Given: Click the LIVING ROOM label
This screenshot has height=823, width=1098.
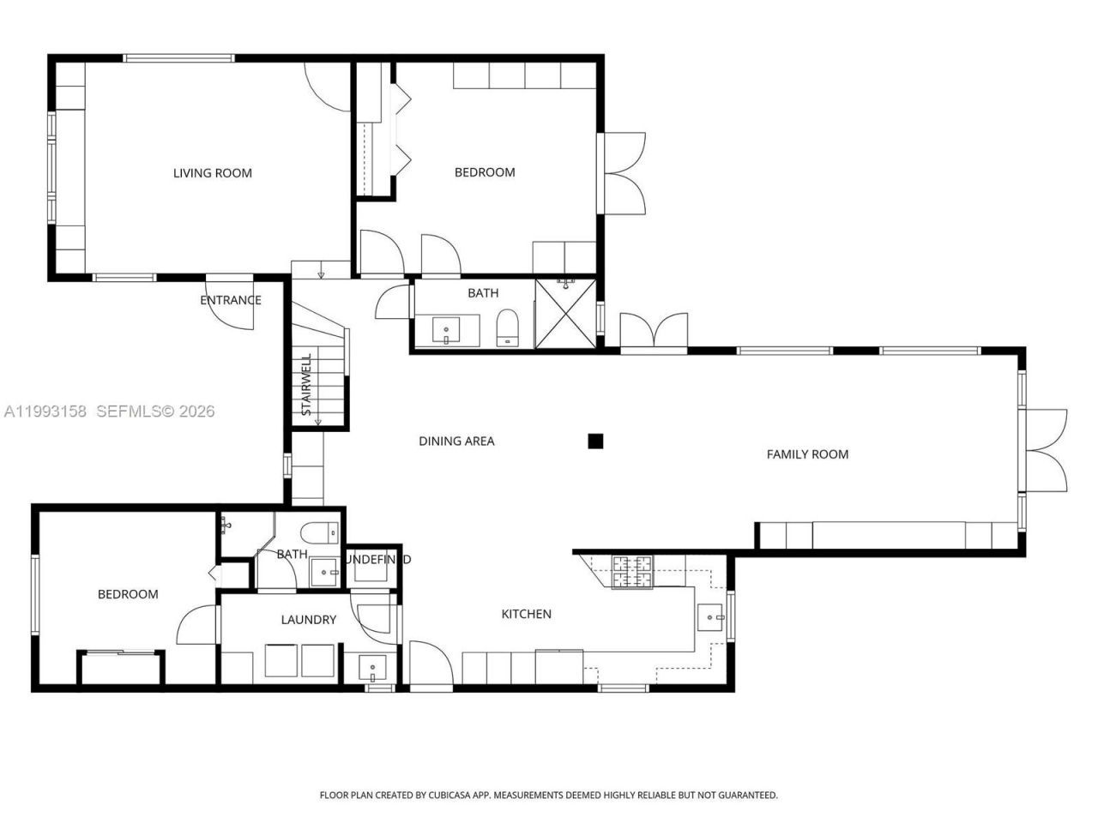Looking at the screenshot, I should [x=213, y=173].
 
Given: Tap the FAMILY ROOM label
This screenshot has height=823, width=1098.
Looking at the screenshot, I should [x=807, y=454].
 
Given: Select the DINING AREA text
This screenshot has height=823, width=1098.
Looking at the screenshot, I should [x=456, y=442].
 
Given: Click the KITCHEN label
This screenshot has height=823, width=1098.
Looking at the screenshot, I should [x=526, y=614].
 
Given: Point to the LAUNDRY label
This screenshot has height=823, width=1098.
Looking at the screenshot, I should [x=309, y=620].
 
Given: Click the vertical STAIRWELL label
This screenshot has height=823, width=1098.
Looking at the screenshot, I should [x=306, y=384].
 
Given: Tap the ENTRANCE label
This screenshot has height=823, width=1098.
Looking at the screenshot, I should [x=230, y=300].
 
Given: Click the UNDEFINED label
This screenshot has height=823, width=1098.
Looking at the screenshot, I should [x=377, y=560].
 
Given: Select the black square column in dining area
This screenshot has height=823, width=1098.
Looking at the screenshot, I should [x=595, y=442].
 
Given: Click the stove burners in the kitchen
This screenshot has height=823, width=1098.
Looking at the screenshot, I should [x=632, y=572].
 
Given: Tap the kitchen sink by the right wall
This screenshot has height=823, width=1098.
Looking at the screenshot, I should [x=711, y=616].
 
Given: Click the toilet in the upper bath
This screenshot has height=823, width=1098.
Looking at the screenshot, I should [x=508, y=327].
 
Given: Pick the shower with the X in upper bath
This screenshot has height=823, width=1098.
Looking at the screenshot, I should [x=564, y=313].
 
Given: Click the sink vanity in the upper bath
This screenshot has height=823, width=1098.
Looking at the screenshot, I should [x=446, y=331].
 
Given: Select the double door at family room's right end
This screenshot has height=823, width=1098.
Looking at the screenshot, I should [x=1045, y=450].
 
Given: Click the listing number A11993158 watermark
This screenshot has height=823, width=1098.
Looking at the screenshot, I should [x=45, y=411].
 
